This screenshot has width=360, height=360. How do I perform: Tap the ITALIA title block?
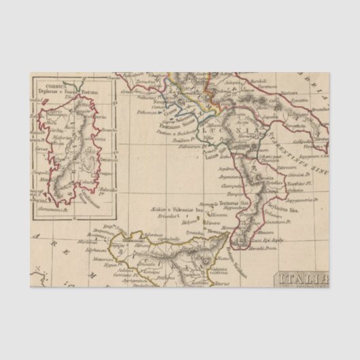(x=302, y=279)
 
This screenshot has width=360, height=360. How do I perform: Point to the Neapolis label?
(x=162, y=96)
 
